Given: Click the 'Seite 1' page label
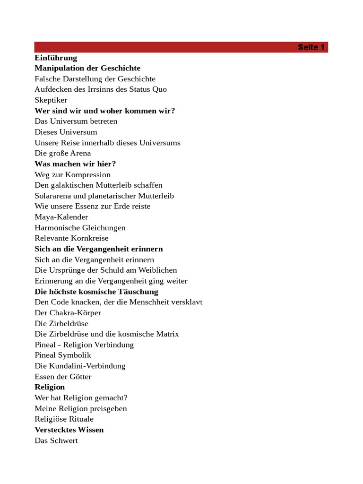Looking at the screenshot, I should [x=311, y=47].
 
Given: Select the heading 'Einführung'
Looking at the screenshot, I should [x=56, y=58].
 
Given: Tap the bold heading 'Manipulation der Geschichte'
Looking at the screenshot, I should [x=87, y=68].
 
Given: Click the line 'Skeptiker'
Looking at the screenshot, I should [x=51, y=100].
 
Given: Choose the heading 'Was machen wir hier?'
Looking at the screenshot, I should [x=75, y=164].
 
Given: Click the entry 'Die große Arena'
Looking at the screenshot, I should [x=63, y=153].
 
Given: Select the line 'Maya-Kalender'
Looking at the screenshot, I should [x=61, y=217].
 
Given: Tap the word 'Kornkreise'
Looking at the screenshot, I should [x=90, y=238].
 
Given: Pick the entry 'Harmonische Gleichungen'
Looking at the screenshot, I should [x=80, y=228].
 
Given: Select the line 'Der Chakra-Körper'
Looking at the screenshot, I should [x=68, y=313].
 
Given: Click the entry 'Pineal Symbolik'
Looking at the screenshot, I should [x=63, y=355].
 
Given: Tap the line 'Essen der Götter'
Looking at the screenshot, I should [x=63, y=377].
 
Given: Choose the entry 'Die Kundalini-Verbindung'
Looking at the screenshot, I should [x=80, y=366].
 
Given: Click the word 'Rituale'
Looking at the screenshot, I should [x=81, y=419].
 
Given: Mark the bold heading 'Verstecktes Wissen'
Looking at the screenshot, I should [x=69, y=430].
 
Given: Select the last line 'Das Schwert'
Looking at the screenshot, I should [x=56, y=441].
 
